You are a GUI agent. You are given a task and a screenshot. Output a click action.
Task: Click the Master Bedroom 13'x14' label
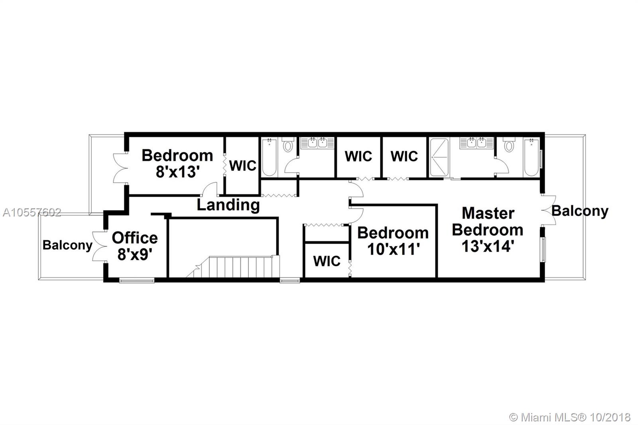click(488, 230)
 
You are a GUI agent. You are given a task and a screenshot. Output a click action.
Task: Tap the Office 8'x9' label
click(134, 246)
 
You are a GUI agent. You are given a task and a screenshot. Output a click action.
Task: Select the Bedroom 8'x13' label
click(177, 163)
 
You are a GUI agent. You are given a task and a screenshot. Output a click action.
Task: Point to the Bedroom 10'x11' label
click(393, 241)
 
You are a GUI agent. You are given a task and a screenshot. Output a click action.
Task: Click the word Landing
click(228, 205)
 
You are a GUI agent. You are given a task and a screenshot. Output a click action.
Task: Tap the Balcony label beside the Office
click(67, 245)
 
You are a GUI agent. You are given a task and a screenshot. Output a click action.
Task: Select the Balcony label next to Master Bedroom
click(580, 211)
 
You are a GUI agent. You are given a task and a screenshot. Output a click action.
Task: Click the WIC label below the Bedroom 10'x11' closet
click(327, 261)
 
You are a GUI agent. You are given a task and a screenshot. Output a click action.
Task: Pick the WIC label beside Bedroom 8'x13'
click(243, 166)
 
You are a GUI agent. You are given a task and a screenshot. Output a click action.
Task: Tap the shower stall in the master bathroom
click(439, 157)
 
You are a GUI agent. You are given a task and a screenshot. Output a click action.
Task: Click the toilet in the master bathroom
click(509, 145)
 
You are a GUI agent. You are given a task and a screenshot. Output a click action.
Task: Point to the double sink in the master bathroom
click(476, 143)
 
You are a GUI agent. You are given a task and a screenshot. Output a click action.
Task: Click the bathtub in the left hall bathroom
click(269, 157)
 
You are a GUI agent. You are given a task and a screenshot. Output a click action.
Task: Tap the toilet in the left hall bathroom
click(288, 145)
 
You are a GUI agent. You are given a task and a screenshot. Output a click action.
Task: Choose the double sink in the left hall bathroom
click(317, 143)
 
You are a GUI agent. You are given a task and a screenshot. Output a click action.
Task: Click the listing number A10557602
click(32, 212)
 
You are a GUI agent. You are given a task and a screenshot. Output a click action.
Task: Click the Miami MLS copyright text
click(570, 417)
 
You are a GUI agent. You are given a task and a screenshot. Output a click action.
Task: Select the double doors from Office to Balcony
click(100, 246)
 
